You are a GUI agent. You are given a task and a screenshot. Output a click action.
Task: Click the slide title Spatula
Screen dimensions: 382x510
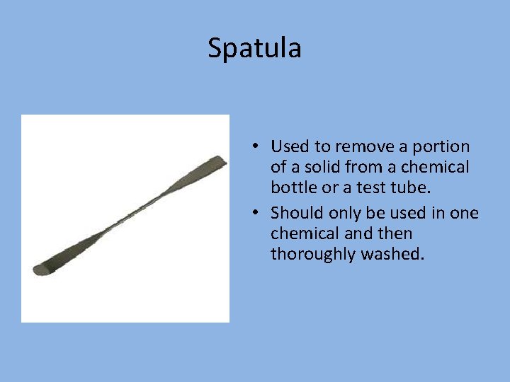254,48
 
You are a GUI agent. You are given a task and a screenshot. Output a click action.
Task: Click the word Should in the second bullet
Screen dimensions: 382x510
295,212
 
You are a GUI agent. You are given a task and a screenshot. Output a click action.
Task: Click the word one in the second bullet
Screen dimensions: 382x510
464,212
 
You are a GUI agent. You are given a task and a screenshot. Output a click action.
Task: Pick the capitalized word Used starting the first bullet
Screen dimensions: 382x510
290,146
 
